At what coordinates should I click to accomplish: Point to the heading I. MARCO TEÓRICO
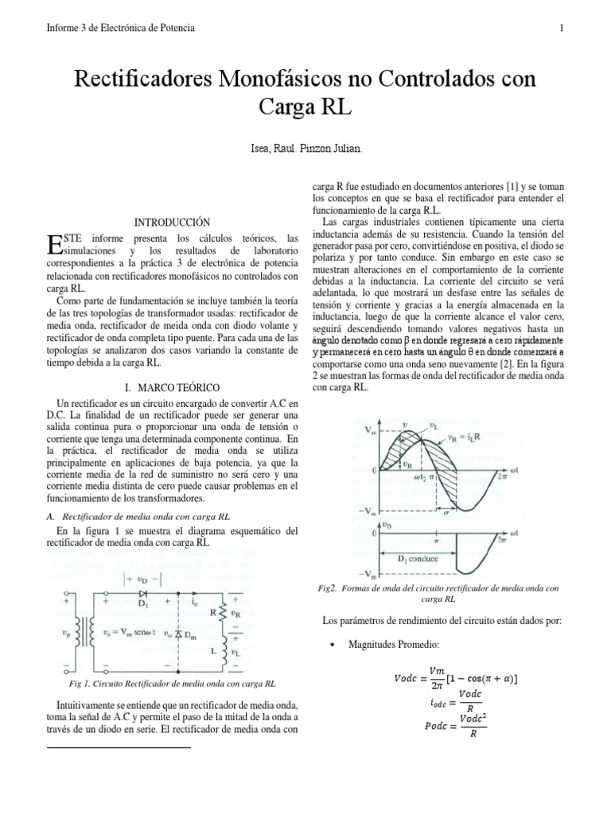(x=173, y=386)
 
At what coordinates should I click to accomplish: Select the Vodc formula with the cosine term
(x=456, y=676)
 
